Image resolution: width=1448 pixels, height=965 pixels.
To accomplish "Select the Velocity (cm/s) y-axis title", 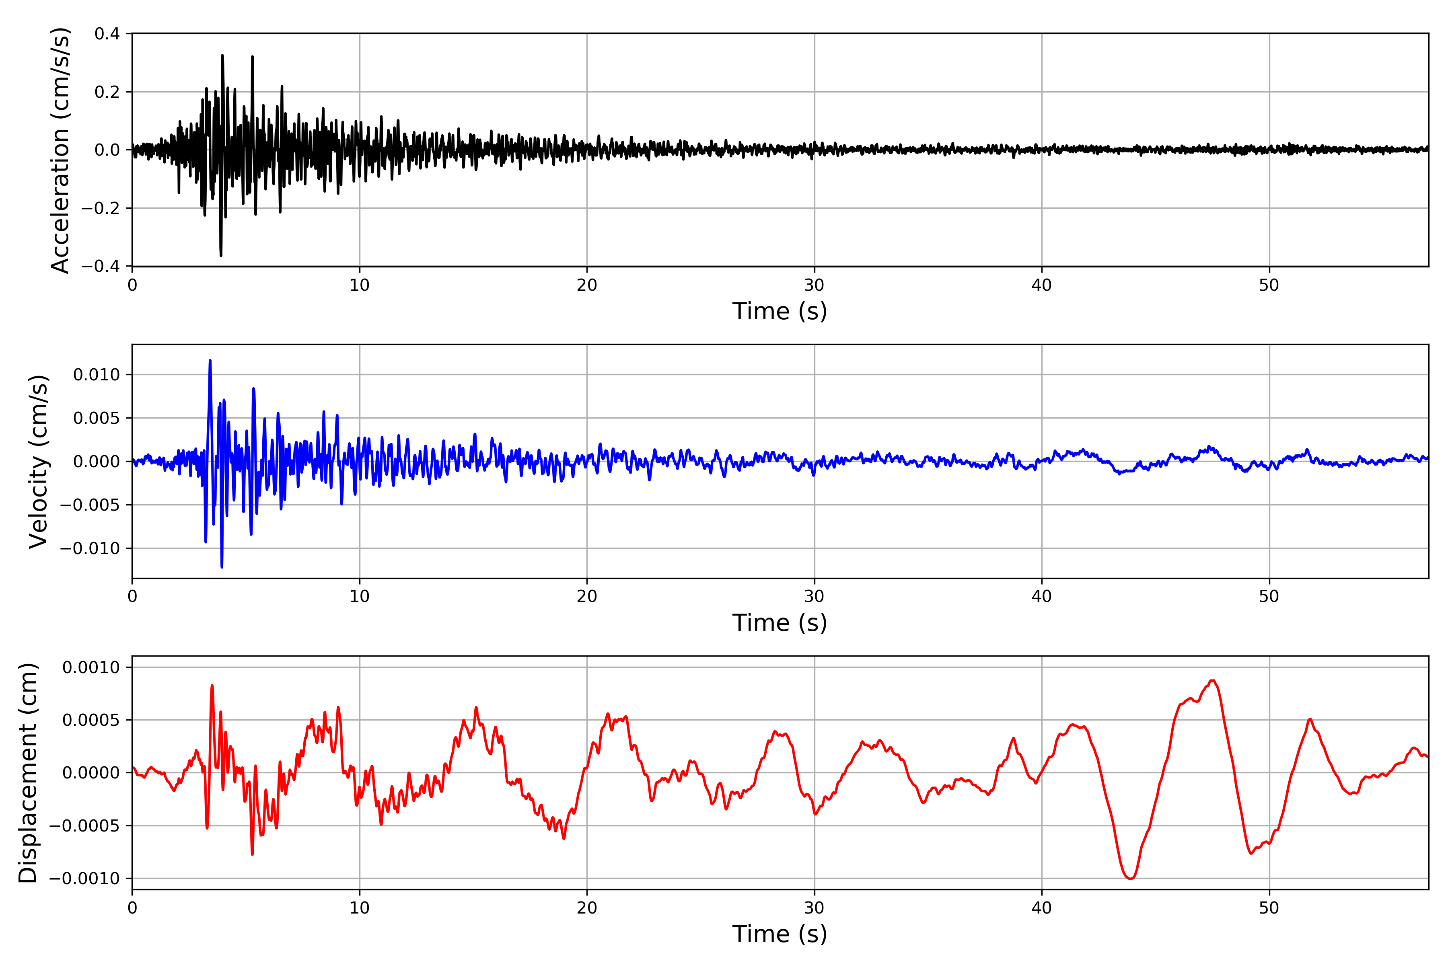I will coord(38,462).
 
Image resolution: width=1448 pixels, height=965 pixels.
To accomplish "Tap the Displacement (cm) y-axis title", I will coord(28,773).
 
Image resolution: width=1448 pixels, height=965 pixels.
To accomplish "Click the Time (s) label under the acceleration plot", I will coord(780,311).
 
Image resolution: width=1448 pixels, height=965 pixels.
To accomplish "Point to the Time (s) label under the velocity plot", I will coord(780,623).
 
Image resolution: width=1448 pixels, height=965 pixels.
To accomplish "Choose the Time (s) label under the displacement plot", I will coord(780,934).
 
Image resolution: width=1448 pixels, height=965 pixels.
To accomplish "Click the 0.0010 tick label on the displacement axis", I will coord(91,668).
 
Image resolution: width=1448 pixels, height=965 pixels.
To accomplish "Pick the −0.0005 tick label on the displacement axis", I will coord(84,826).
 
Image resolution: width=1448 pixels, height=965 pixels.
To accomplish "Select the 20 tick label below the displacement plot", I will coord(587,908).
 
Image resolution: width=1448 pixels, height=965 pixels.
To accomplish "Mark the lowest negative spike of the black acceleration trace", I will coord(221,255).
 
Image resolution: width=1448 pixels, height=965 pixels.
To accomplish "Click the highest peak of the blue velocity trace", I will coord(210,361).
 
